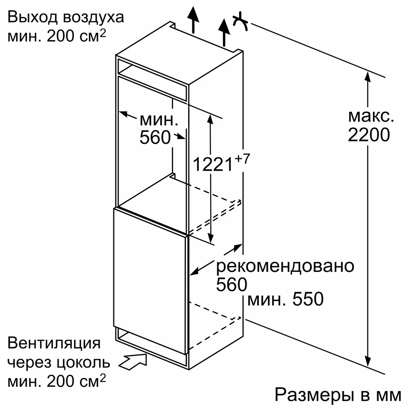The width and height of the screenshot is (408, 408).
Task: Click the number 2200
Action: (x=368, y=135)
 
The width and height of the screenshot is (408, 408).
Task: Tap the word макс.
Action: (x=371, y=116)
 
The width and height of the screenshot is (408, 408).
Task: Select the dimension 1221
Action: (x=213, y=164)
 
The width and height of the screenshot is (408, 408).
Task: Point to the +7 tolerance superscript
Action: (x=242, y=159)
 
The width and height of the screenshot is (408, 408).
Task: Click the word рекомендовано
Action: (x=285, y=266)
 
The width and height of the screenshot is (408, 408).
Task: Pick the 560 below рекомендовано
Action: (x=232, y=284)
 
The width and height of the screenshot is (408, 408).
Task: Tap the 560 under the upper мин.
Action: (x=155, y=138)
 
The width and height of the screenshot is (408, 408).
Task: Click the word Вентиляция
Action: (x=54, y=344)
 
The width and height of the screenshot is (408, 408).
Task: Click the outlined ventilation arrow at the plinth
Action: (x=133, y=362)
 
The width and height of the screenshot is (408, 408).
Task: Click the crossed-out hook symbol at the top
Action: (x=240, y=22)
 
